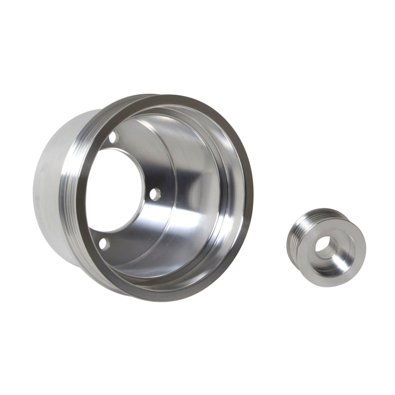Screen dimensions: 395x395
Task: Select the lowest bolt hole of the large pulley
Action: point(103,243)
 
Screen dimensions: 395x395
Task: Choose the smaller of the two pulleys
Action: point(326,247)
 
